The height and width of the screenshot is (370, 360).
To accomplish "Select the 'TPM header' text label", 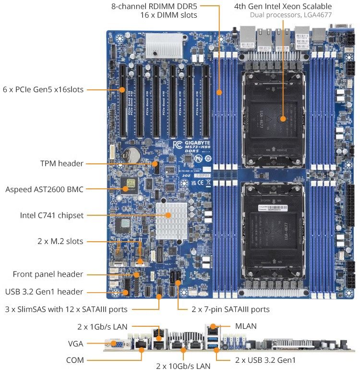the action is (x=62, y=164).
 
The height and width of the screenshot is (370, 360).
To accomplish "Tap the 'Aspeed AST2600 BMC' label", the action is (x=44, y=189).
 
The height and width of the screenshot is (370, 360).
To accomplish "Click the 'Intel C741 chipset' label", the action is (x=52, y=215).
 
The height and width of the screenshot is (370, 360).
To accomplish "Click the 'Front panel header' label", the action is (x=48, y=274).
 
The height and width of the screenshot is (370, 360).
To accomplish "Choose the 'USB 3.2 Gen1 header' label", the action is (x=44, y=291).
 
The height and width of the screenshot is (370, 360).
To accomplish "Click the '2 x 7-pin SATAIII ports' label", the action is (x=230, y=309).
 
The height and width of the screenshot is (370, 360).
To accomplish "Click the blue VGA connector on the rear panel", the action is (x=116, y=344).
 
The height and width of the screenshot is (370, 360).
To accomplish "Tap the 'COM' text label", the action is (x=75, y=360).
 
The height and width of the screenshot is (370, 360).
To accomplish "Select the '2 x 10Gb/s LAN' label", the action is (x=183, y=366).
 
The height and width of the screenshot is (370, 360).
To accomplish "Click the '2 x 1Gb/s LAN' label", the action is (x=102, y=327).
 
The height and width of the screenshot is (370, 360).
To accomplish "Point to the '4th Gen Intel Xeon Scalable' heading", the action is (x=283, y=6).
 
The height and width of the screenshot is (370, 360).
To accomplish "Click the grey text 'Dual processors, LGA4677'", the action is (x=290, y=15).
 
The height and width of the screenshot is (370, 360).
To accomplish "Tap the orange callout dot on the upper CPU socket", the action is (x=283, y=118).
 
